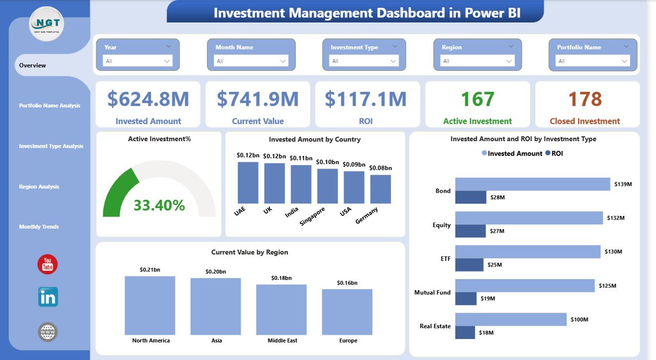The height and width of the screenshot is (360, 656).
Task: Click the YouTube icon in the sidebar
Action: [48, 264]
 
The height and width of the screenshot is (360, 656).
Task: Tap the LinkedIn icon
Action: [48, 297]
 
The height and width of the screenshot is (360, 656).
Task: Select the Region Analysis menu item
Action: [39, 187]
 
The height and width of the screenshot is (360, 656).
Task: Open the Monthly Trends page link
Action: [39, 227]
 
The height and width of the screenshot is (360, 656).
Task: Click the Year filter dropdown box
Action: [138, 61]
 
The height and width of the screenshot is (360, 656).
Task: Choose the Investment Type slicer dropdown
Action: [364, 61]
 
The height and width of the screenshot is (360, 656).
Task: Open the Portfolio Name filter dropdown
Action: [593, 61]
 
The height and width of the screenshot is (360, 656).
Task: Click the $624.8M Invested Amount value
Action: [148, 99]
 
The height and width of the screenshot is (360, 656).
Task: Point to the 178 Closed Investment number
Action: [585, 99]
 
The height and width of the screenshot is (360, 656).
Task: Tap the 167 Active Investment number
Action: [478, 99]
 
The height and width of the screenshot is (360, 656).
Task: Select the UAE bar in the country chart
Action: [248, 183]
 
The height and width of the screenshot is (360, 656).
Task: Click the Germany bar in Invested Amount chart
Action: [380, 189]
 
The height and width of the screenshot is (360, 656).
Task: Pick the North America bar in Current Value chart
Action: [150, 305]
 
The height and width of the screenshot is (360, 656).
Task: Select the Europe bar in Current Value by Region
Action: [347, 311]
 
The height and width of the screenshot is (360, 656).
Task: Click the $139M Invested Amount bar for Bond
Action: [532, 184]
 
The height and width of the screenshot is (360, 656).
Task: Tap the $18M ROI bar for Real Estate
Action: [465, 332]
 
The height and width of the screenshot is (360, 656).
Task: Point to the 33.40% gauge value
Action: [159, 206]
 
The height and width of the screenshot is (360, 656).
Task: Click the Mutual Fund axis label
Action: [433, 292]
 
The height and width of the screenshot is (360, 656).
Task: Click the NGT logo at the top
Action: [47, 24]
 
